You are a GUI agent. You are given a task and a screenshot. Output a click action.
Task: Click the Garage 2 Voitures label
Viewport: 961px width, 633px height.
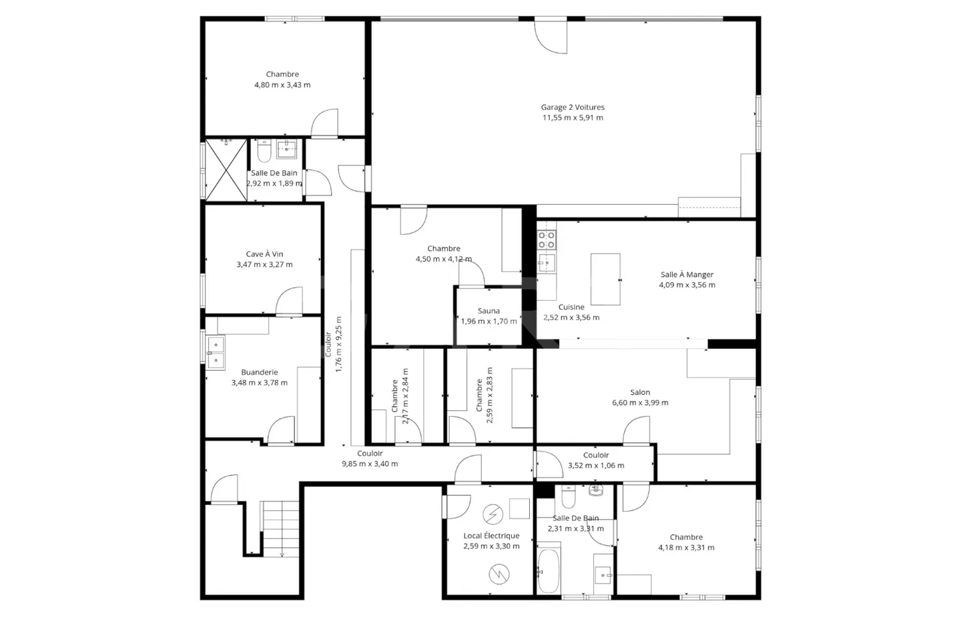573,107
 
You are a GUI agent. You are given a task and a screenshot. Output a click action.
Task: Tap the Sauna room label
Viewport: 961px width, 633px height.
489,311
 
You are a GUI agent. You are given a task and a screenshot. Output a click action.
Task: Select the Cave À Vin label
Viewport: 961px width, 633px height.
264,254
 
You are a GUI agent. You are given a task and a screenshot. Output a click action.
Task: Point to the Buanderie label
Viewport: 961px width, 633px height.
259,372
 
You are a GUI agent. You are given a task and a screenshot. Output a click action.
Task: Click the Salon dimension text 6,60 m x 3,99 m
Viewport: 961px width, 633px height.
640,403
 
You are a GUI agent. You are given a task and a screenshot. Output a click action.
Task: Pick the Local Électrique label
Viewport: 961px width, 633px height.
491,536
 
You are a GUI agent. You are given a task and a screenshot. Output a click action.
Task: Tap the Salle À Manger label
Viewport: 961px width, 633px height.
687,274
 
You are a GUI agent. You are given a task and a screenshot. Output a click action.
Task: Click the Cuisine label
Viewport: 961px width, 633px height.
571,307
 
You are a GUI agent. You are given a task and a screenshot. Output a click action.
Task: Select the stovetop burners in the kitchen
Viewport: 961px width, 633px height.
547,239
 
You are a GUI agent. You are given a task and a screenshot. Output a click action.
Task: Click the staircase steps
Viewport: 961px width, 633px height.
280,529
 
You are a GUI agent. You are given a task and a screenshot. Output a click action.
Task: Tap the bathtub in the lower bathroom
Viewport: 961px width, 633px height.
549,571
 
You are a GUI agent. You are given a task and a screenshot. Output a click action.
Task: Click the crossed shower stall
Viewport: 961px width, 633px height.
226,170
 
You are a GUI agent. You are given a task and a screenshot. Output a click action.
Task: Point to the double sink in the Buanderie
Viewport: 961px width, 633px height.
216,353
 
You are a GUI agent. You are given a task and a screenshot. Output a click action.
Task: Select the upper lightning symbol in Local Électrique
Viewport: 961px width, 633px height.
493,514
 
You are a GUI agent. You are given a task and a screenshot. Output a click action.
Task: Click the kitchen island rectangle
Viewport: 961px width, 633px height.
605,279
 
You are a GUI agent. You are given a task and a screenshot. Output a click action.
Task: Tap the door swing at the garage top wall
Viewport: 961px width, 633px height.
551,37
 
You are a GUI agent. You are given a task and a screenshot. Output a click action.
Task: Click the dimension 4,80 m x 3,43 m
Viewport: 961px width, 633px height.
282,85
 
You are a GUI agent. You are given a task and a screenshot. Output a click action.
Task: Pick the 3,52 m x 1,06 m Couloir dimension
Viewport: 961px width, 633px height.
596,466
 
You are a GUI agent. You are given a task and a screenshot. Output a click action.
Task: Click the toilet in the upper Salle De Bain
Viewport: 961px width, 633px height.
264,151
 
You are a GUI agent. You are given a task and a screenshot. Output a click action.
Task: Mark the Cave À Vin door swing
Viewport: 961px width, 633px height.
289,301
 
